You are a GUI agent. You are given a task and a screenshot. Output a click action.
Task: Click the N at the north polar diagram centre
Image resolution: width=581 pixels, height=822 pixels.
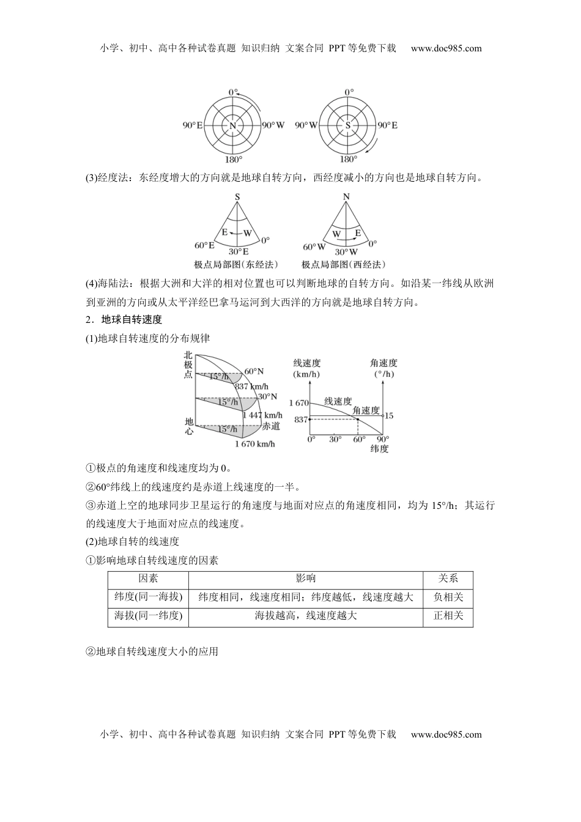click(x=233, y=125)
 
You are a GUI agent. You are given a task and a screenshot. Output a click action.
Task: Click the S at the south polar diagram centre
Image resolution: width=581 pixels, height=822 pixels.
click(x=348, y=125)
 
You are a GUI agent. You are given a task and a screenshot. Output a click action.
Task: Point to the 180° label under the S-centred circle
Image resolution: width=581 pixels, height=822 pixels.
click(x=348, y=159)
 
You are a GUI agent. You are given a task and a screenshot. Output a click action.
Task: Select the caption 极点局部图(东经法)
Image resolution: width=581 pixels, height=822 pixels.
click(x=235, y=264)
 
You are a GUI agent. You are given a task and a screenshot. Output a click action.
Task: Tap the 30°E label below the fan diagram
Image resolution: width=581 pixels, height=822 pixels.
click(x=239, y=251)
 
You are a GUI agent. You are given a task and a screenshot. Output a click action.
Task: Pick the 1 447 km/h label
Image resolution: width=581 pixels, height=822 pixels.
click(x=262, y=415)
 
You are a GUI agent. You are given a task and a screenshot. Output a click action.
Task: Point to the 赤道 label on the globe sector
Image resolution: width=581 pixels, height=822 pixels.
click(x=271, y=426)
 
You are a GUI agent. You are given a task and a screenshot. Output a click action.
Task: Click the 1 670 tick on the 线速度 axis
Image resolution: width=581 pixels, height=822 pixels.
click(x=299, y=402)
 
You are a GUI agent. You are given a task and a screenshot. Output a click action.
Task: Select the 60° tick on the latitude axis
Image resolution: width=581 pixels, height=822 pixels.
click(x=359, y=439)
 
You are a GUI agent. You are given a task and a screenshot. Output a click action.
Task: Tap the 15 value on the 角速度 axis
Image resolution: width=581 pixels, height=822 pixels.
click(x=390, y=416)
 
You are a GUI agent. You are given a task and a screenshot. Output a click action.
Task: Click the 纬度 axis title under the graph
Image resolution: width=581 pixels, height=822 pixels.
click(x=379, y=449)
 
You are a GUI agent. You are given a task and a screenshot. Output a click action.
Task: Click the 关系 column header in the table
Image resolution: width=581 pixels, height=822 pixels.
click(x=448, y=579)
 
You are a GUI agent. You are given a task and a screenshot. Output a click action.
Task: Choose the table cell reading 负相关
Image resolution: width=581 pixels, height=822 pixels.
click(x=448, y=598)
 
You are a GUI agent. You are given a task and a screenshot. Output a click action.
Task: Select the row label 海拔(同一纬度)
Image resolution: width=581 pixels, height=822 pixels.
click(x=149, y=616)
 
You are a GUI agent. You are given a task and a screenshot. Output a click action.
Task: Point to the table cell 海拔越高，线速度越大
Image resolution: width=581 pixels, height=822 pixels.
click(x=305, y=616)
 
